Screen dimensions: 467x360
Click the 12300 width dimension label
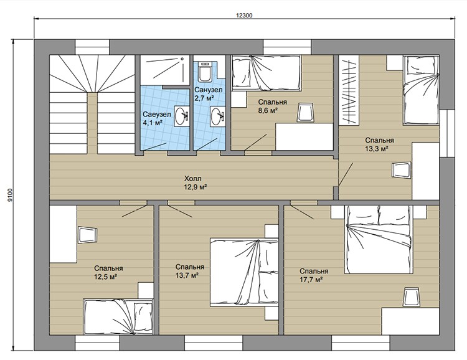click(x=244, y=16)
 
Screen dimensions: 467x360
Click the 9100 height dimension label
click(x=11, y=196)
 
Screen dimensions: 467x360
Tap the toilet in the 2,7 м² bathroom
click(x=205, y=71)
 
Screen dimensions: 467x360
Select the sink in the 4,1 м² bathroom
click(x=181, y=116)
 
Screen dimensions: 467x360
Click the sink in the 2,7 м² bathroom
click(x=217, y=116)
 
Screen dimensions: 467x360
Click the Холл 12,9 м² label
click(x=196, y=182)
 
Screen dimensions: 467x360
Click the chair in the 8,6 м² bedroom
click(x=306, y=112)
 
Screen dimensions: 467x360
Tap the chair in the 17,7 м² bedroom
click(x=412, y=297)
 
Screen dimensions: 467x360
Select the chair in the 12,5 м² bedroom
click(x=88, y=235)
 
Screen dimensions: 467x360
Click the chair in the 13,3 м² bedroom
click(x=402, y=171)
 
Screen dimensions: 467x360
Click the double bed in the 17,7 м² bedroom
click(x=379, y=239)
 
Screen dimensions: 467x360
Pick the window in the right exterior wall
click(x=447, y=133)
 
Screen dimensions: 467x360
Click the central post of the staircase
click(x=92, y=123)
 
